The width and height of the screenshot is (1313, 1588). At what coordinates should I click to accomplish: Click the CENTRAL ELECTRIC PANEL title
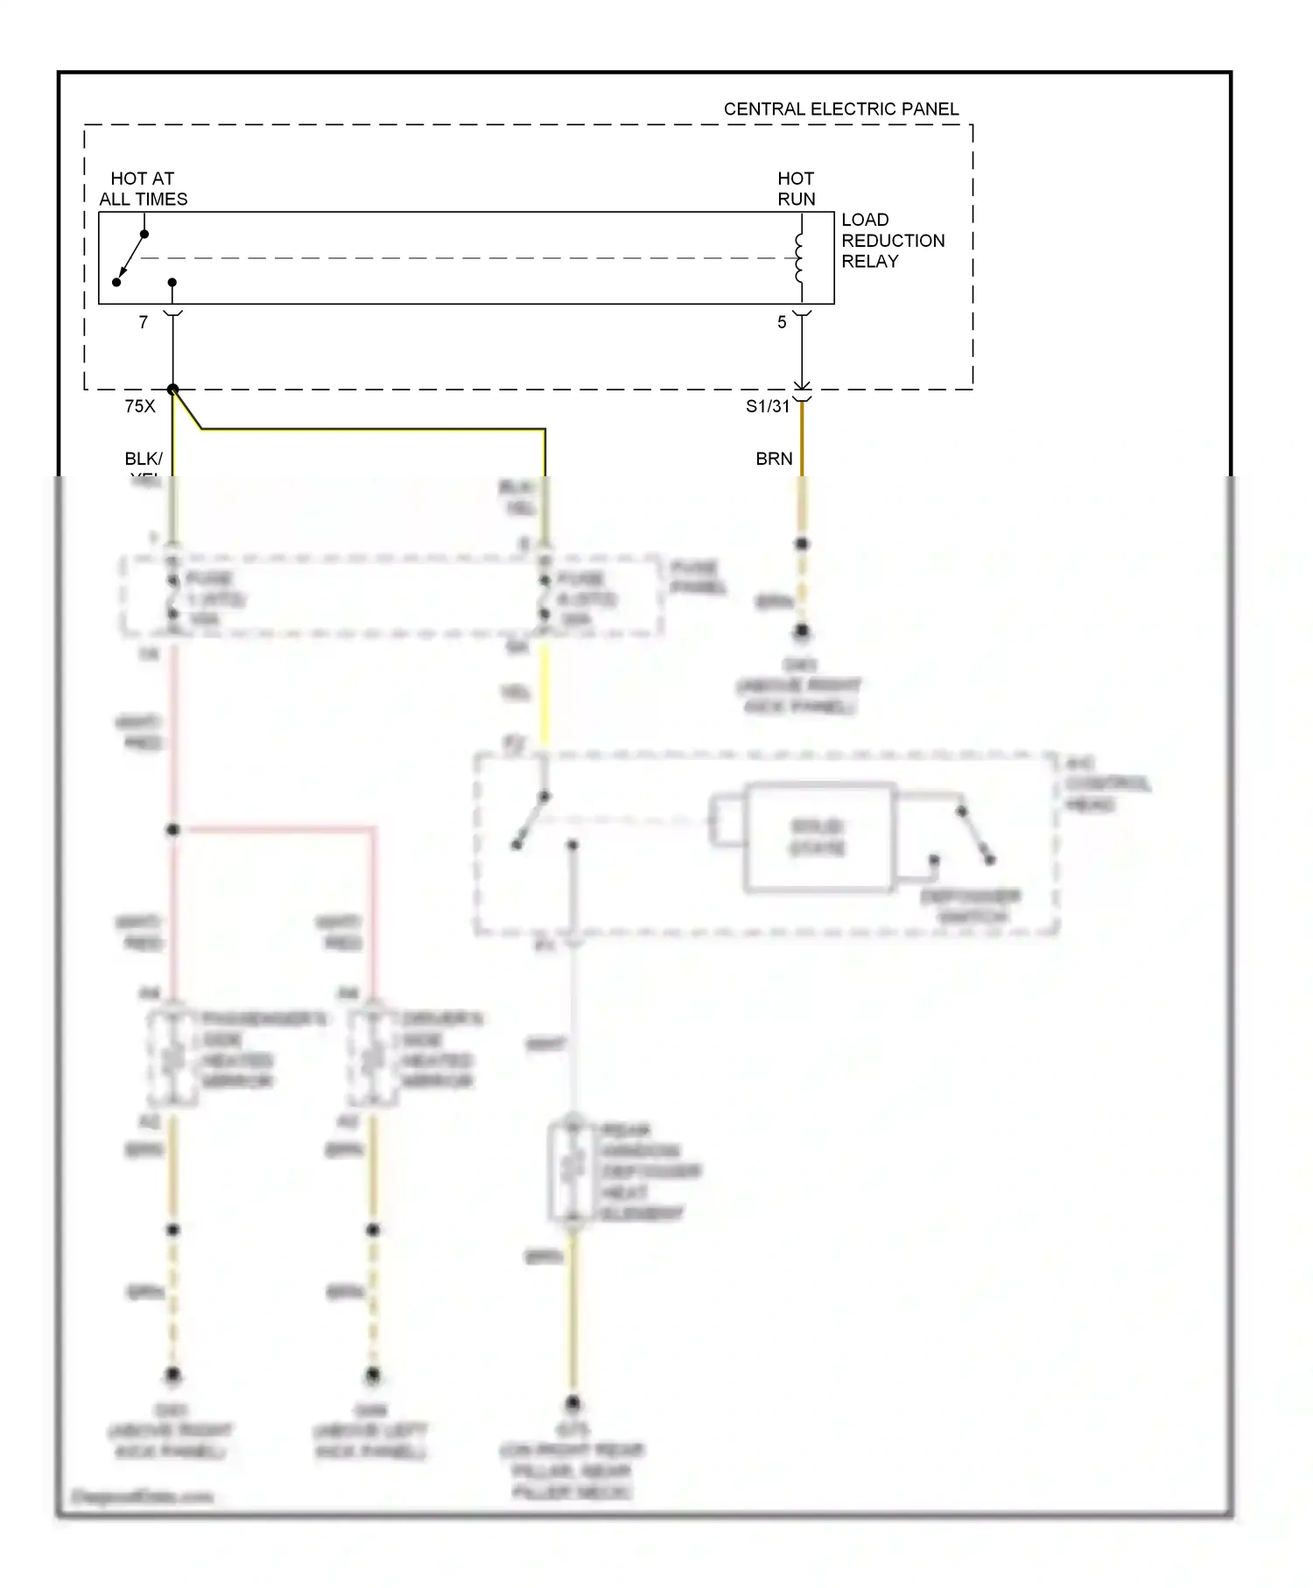click(840, 109)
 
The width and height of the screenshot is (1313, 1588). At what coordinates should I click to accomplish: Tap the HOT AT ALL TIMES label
click(143, 189)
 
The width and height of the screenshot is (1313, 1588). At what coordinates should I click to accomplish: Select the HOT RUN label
click(796, 189)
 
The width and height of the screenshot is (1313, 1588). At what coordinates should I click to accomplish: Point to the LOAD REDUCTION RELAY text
click(892, 241)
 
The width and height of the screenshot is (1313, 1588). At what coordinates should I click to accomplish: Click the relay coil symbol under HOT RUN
click(799, 258)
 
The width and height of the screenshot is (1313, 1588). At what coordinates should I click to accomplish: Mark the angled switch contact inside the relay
click(130, 258)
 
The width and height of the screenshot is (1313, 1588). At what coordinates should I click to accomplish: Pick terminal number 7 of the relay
click(144, 323)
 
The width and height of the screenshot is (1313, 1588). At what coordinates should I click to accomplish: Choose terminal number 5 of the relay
click(782, 323)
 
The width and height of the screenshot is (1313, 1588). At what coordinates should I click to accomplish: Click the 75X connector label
click(140, 406)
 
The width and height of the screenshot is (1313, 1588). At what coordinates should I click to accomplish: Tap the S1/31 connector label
click(767, 406)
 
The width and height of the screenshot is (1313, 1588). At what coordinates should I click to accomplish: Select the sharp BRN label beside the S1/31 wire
click(774, 459)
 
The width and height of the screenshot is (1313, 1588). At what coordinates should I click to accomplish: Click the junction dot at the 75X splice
click(173, 390)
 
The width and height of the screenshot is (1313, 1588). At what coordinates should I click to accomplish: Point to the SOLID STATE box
click(818, 837)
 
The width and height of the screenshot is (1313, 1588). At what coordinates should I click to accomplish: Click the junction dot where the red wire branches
click(173, 829)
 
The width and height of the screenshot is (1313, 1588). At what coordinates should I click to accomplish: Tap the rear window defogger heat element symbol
click(572, 1170)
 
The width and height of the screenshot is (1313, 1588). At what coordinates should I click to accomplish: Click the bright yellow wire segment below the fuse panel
click(544, 696)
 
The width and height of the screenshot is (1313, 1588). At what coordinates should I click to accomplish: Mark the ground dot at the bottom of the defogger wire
click(572, 1403)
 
